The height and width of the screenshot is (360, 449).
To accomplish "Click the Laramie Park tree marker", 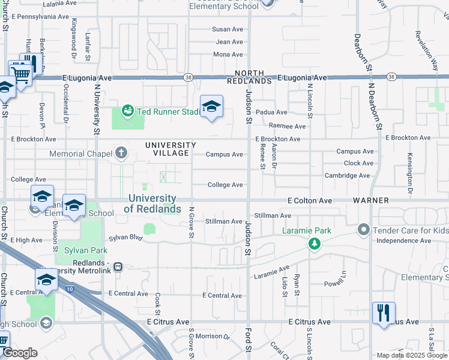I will click(312, 243).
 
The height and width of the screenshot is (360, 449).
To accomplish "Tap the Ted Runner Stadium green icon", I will click(127, 111).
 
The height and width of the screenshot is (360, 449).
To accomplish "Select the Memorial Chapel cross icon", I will click(122, 152).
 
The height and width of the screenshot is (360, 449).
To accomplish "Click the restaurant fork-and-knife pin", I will click(383, 313).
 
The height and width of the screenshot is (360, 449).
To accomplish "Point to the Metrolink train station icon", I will click(119, 266).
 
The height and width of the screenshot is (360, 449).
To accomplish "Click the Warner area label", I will click(371, 200).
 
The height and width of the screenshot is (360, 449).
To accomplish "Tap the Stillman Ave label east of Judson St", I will click(273, 215).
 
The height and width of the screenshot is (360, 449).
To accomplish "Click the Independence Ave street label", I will click(403, 241).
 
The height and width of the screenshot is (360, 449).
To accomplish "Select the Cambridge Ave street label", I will click(347, 175).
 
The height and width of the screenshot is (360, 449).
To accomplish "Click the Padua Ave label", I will click(271, 112).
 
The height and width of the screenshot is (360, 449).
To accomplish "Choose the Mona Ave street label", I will click(228, 55).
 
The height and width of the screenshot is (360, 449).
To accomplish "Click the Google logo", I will click(20, 353).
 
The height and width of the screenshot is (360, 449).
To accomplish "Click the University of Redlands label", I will click(152, 203).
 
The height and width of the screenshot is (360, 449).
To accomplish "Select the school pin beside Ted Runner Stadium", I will click(211, 107).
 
